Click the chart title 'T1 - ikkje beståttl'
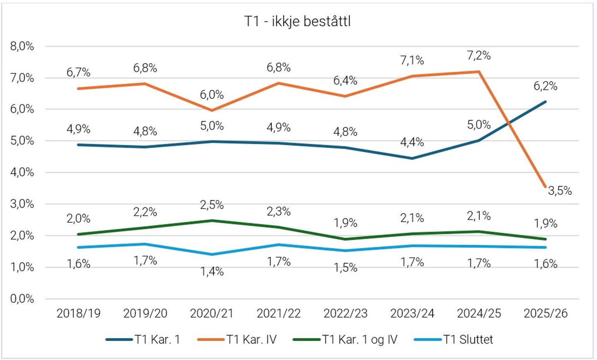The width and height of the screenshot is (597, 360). [x=297, y=21]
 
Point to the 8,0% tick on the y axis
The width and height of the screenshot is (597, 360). [x=22, y=46]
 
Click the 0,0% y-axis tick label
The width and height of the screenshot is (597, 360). [x=22, y=299]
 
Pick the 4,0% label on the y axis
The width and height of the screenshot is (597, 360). [x=22, y=173]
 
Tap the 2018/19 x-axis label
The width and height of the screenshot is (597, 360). [x=78, y=313]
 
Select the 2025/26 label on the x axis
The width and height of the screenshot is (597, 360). [x=546, y=313]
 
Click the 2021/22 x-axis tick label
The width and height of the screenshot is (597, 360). [x=279, y=313]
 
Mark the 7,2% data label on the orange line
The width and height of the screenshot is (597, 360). [x=479, y=56]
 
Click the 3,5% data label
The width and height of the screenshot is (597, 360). [x=560, y=191]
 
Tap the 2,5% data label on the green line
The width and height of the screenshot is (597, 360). [x=212, y=205]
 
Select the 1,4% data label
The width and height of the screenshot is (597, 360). [x=212, y=271]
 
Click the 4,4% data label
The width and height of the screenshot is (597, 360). [x=412, y=142]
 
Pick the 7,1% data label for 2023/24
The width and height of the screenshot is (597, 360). [x=412, y=61]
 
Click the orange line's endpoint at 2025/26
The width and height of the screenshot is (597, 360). [x=546, y=187]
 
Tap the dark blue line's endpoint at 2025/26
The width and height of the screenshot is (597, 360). [x=546, y=102]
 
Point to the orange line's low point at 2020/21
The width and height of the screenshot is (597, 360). [x=212, y=110]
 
